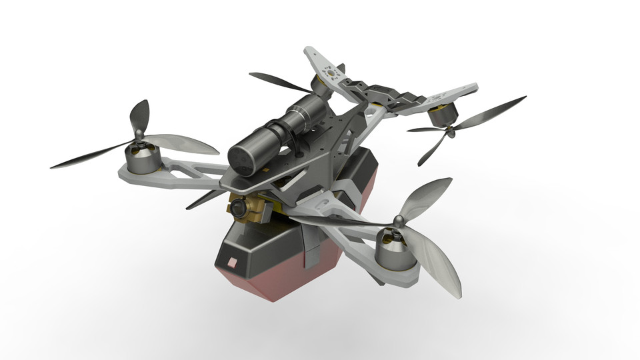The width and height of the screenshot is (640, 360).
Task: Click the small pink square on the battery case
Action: [x=232, y=261]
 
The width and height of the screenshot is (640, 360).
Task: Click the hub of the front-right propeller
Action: [x=398, y=221]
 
